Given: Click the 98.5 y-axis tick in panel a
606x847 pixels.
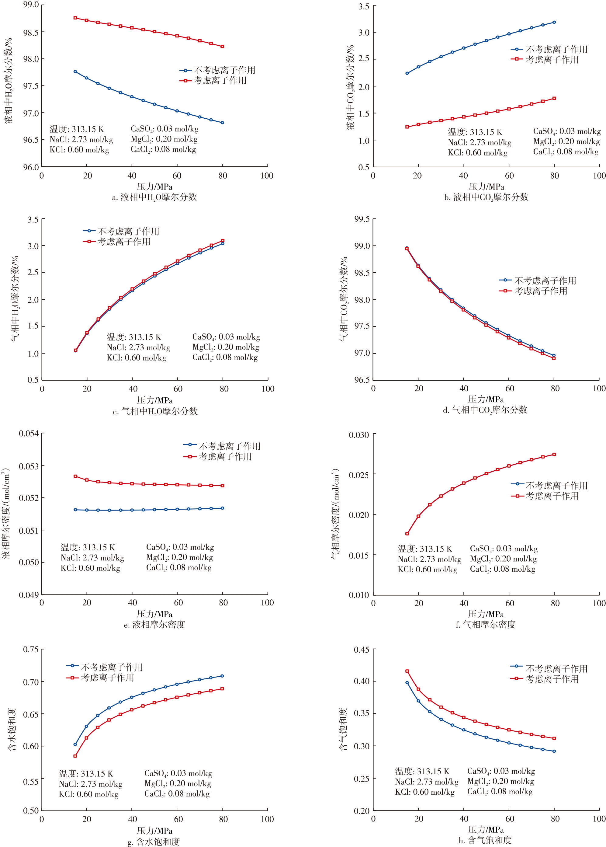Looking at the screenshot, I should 31,33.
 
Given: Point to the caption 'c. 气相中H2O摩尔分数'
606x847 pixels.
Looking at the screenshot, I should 155,411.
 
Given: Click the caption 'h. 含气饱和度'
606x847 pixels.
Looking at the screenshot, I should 485,840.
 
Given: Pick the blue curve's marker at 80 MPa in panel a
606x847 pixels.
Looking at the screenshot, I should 222,122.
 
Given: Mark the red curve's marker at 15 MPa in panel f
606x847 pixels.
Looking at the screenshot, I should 407,533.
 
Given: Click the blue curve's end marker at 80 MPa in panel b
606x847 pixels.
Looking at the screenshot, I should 554,23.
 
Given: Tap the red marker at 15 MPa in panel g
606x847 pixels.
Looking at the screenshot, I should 75,756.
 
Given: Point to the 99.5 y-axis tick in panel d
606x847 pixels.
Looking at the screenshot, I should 362,219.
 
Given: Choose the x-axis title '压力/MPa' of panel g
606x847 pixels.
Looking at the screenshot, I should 154,831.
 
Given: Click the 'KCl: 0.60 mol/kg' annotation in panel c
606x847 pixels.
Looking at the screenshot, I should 137,357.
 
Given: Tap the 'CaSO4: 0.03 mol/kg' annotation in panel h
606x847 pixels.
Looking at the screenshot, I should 501,771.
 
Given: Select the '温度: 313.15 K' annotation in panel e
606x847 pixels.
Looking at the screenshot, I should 88,547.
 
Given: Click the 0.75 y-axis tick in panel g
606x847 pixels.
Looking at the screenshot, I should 31,649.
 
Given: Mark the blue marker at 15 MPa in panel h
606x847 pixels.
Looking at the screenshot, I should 407,683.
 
